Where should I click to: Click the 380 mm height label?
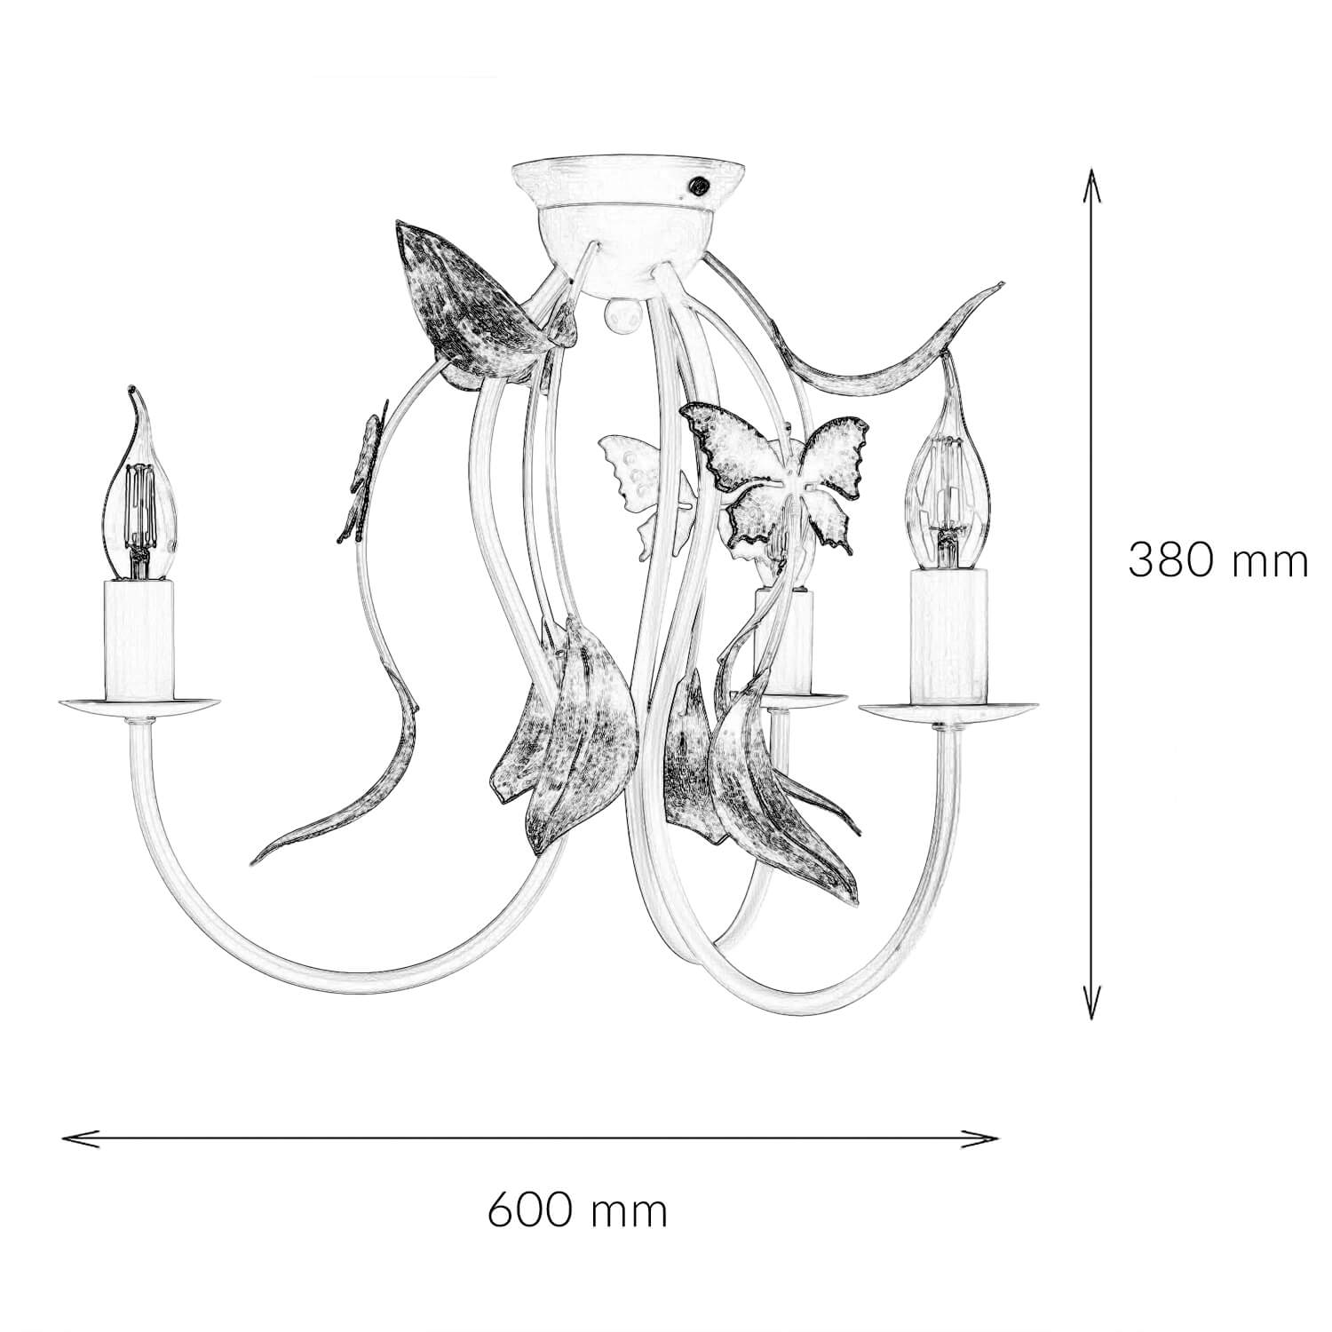(x=1217, y=560)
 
